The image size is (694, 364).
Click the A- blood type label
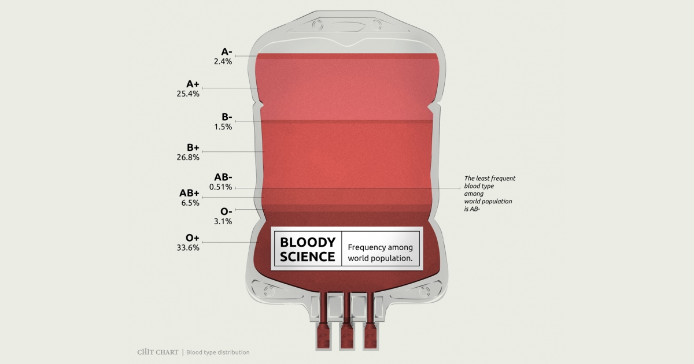coord(226,51)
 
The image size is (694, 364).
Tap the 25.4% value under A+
coord(188,93)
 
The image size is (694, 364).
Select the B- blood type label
coord(226,117)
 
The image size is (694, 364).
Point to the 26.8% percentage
coord(188,157)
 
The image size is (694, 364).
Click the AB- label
coord(223,177)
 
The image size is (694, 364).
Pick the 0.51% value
coord(221,187)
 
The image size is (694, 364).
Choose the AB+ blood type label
coord(189,193)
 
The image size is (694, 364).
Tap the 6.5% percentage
coord(191,203)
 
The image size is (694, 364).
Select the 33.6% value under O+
coord(188,248)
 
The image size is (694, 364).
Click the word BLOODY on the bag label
coord(307,243)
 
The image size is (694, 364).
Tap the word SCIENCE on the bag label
coord(307,257)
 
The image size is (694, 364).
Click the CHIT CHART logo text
coord(157,352)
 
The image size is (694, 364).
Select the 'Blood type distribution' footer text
coord(218,352)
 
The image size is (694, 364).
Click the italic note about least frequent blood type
coord(489,194)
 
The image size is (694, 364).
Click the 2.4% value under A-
coord(223,61)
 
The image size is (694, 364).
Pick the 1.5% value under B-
coord(223,127)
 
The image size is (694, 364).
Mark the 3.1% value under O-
coord(223,221)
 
